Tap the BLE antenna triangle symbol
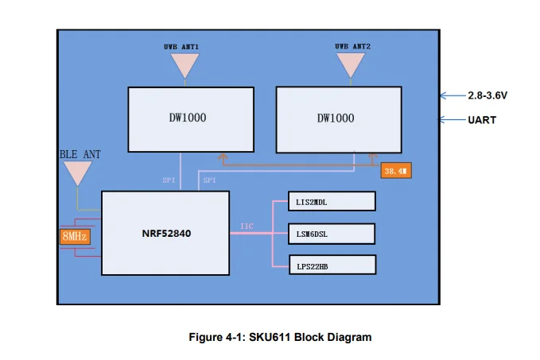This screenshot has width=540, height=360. [77, 172]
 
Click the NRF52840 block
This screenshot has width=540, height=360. [165, 234]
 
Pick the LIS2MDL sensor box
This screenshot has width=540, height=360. [331, 203]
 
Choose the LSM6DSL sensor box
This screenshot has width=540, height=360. [331, 234]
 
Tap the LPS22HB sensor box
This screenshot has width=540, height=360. [331, 265]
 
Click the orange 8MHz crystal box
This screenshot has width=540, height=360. [75, 236]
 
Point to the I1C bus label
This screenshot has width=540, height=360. [247, 226]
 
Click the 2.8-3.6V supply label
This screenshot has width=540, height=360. [488, 95]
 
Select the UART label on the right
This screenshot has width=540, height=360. [482, 120]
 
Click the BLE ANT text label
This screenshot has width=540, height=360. [80, 153]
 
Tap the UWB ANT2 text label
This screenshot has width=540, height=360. [351, 47]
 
